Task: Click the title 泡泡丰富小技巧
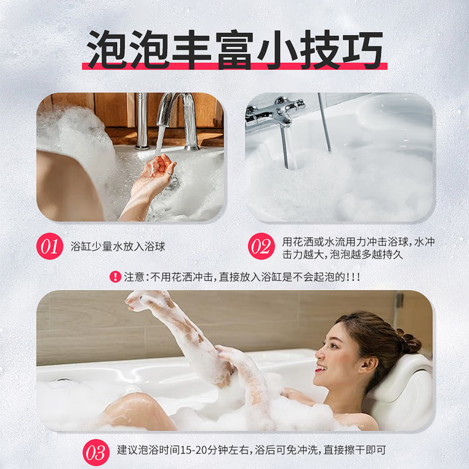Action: [235, 50]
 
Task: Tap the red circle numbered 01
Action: [50, 247]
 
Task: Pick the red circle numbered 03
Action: [97, 453]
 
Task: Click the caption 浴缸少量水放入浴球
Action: [118, 247]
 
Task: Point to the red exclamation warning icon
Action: [115, 277]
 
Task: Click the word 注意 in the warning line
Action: [134, 277]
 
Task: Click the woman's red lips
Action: [320, 369]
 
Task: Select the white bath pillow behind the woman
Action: [405, 387]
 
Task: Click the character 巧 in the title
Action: [358, 50]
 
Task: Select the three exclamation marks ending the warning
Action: [353, 277]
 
